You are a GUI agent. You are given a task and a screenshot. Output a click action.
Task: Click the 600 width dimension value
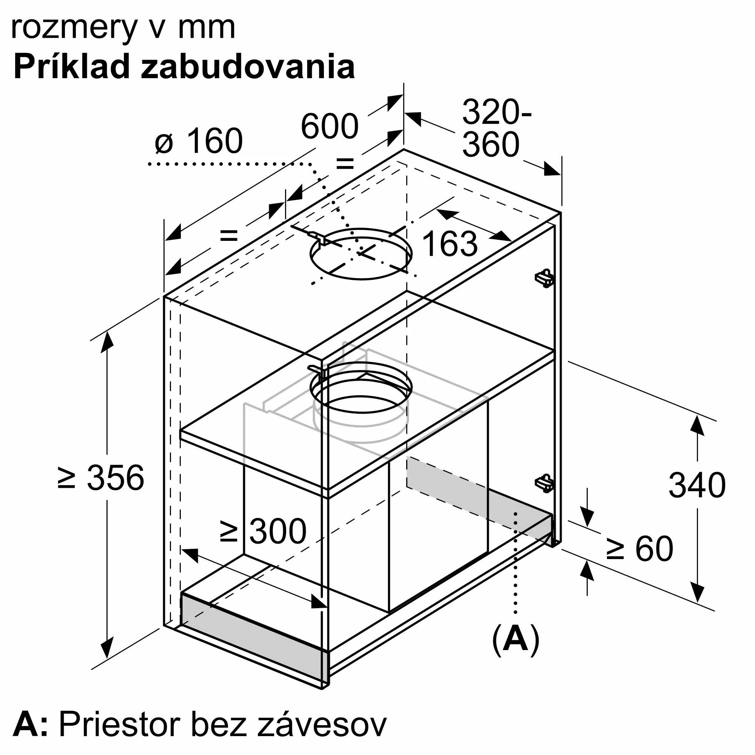coord(330,126)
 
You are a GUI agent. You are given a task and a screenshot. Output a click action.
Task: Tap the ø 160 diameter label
coord(199,141)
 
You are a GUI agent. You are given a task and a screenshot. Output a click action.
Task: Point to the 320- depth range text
coord(497,112)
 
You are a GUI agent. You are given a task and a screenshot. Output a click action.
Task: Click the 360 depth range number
coord(491,145)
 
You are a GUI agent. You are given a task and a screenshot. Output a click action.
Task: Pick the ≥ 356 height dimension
coord(101,478)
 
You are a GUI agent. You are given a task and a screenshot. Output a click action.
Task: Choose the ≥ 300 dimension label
coord(263,531)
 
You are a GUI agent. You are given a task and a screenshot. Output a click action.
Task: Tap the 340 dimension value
coord(697,485)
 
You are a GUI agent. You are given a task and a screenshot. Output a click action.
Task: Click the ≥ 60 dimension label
coord(640,549)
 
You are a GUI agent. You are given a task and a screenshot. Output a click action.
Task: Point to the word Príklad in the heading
coord(72,67)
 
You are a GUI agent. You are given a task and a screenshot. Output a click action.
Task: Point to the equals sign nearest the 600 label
coord(345,164)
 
